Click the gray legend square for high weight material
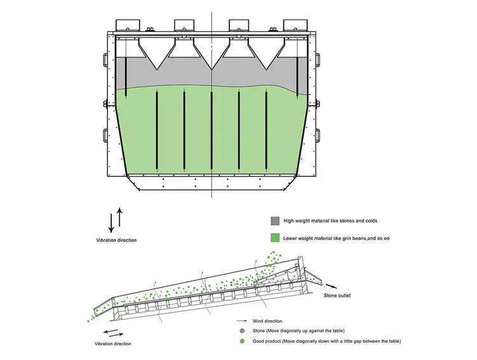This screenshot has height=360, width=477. (275, 221)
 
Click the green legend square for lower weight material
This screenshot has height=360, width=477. (275, 238)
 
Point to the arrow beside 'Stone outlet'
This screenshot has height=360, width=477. (333, 286)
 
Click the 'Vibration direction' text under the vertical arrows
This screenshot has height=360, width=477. (116, 240)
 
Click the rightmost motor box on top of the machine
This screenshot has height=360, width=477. (295, 25)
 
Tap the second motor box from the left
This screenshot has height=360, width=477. (185, 25)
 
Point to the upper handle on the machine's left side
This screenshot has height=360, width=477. (105, 58)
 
